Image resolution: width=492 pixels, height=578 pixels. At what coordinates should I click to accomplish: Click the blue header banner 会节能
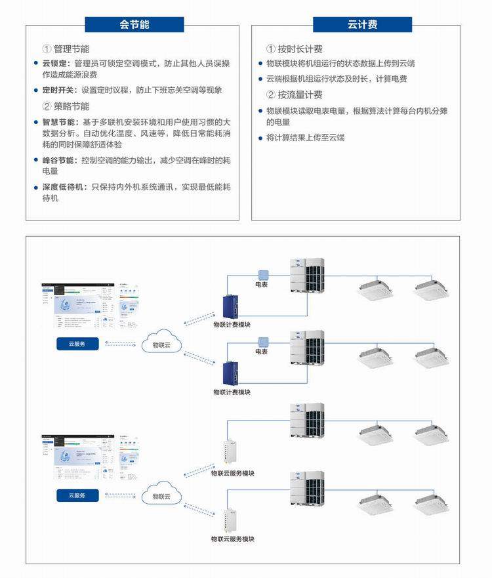point(134,25)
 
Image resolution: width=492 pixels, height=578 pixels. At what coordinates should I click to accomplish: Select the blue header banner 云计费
point(362,25)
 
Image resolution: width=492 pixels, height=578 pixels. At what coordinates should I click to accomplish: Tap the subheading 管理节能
point(72,49)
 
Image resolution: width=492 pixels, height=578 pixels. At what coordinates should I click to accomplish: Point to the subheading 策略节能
point(72,106)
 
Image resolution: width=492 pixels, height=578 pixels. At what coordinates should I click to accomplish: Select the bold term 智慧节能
point(60,122)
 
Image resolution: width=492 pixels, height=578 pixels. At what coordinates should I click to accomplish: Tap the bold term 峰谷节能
point(60,160)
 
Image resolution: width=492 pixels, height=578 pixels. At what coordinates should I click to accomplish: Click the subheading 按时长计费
point(300,49)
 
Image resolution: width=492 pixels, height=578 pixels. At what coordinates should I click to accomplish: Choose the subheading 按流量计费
point(300,95)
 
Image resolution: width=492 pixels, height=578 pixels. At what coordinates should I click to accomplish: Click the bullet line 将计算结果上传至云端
point(306,138)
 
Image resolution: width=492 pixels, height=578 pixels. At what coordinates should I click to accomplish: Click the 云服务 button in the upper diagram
point(77,344)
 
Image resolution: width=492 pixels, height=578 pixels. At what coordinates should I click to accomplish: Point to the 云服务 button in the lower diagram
point(77,495)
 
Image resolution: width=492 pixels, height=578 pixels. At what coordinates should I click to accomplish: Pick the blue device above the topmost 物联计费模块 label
point(232,307)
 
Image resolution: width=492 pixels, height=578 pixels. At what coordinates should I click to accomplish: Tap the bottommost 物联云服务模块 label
point(232,539)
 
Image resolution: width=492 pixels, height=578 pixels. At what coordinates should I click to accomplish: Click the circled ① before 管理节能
point(47,49)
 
